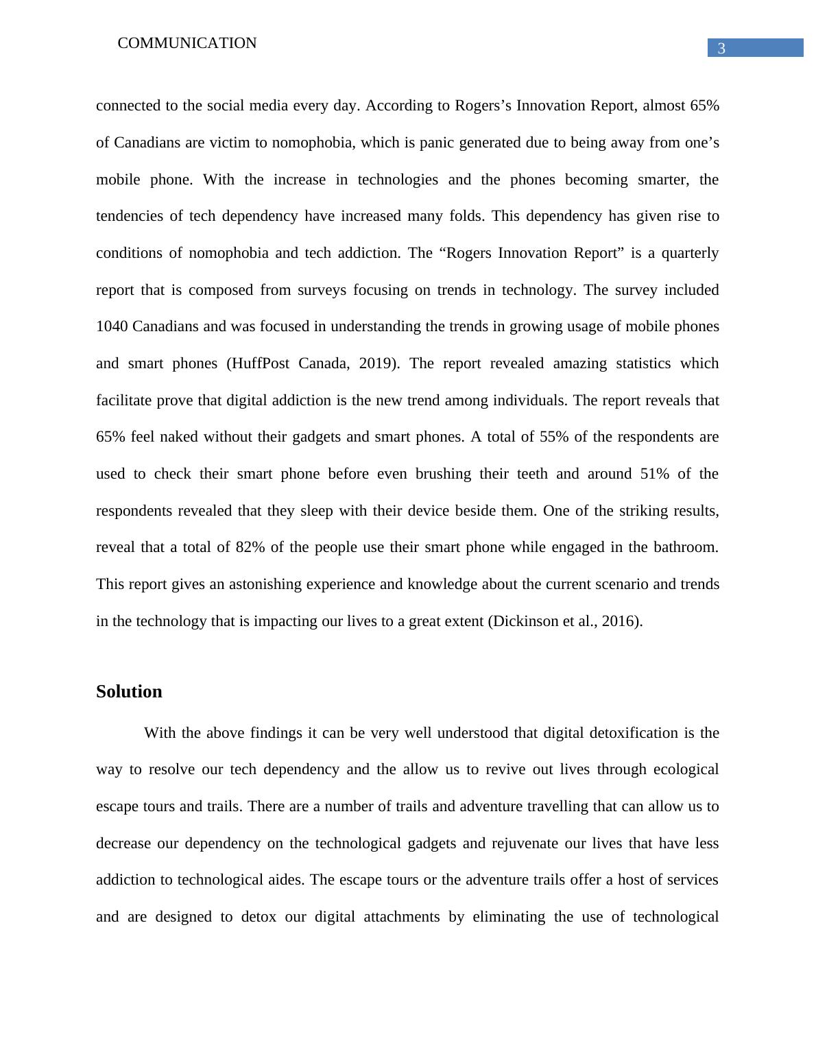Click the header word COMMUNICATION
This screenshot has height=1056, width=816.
pos(187,43)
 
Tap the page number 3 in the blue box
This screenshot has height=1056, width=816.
pos(721,49)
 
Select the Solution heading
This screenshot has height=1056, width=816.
pos(129,691)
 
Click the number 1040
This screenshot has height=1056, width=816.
pos(112,326)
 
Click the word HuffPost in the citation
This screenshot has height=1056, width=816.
pos(261,363)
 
